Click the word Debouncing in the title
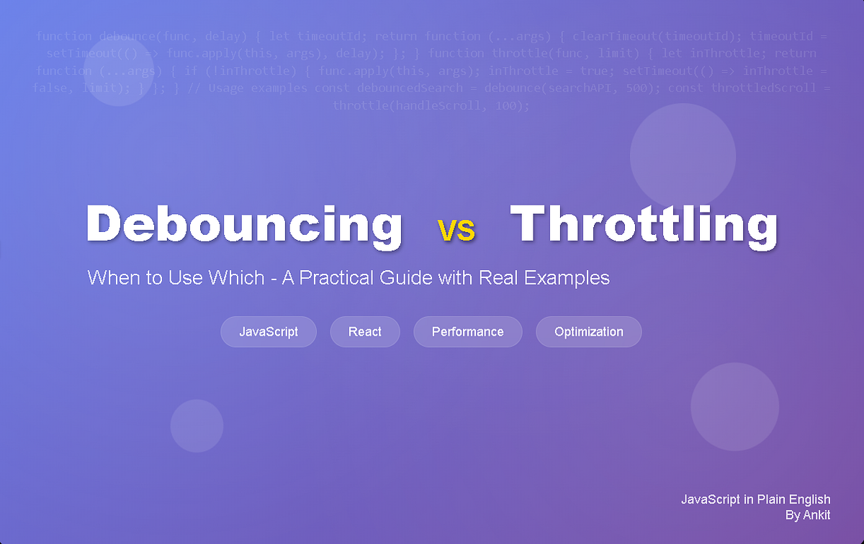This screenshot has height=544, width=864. [243, 224]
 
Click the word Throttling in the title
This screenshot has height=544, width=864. [644, 224]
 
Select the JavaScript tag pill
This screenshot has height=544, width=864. [269, 331]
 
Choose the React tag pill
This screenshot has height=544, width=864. [365, 331]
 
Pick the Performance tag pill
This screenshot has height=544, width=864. [467, 331]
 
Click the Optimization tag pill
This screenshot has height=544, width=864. [588, 331]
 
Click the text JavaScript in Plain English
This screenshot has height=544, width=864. [755, 499]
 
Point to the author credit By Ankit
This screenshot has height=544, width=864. [808, 515]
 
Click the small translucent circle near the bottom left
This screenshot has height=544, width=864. [197, 426]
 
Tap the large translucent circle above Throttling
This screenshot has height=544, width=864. [683, 155]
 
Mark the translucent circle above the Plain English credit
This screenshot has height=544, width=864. [734, 406]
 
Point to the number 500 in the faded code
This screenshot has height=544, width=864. [647, 88]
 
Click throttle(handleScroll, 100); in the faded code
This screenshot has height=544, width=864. [431, 106]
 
